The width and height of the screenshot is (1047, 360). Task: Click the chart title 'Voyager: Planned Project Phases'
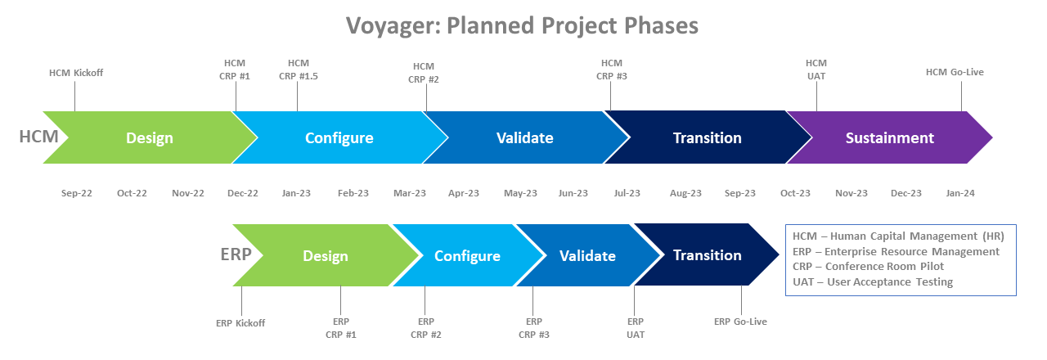click(x=523, y=25)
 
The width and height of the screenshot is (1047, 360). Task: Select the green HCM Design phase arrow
click(x=150, y=137)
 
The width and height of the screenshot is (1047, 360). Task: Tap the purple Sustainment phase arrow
click(x=889, y=137)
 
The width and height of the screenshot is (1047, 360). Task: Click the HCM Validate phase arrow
click(x=524, y=137)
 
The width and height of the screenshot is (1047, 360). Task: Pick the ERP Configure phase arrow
click(x=467, y=256)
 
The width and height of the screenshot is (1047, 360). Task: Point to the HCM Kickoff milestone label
click(x=76, y=73)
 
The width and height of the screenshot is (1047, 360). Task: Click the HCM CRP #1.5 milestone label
click(x=299, y=70)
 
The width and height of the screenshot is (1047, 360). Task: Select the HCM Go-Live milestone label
click(x=955, y=72)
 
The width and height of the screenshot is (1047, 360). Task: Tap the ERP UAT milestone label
click(x=635, y=327)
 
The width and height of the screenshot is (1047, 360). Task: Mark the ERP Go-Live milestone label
click(x=740, y=322)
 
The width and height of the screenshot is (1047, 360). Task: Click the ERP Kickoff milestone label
click(x=240, y=322)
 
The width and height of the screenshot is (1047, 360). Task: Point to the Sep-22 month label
click(x=77, y=193)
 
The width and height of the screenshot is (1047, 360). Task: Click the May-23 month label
click(x=520, y=193)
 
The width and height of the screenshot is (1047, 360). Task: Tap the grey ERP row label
click(x=236, y=254)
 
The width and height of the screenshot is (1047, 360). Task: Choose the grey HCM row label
click(x=38, y=136)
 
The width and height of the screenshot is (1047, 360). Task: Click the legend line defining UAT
click(x=873, y=281)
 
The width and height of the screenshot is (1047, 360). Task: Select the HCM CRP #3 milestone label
click(x=612, y=70)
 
